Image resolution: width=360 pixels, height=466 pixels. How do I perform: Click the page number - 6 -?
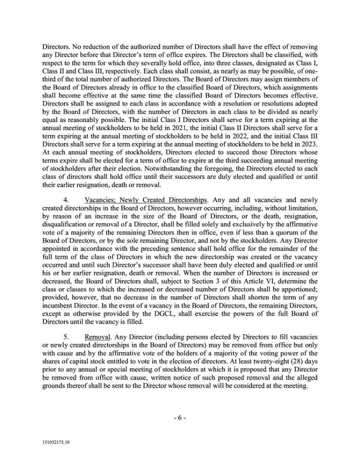tap(180, 417)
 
